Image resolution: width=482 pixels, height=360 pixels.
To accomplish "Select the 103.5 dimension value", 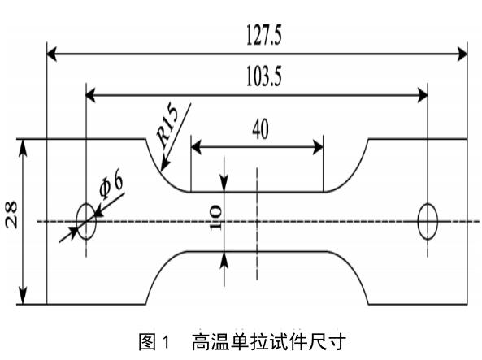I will [257, 79].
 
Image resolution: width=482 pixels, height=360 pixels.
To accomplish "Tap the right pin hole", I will [428, 221].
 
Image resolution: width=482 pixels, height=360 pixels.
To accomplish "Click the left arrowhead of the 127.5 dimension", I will [52, 54].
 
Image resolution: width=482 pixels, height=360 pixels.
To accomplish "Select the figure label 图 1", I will [154, 342].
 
